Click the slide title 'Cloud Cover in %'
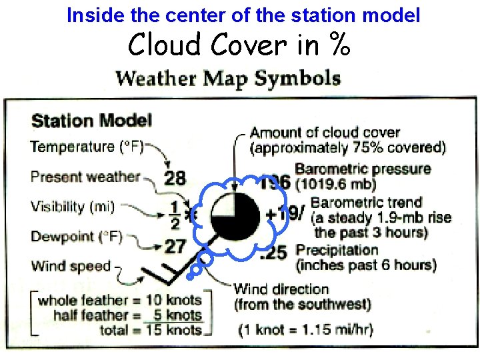(239, 45)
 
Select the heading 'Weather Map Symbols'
(228, 78)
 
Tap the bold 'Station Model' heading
(91, 121)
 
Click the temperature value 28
(175, 178)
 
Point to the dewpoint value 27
(175, 246)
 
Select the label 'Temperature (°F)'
(87, 147)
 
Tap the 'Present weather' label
(85, 177)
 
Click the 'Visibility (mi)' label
(73, 207)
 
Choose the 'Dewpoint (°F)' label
(77, 237)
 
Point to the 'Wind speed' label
(71, 266)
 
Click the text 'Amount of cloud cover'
(325, 133)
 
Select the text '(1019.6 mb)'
(337, 183)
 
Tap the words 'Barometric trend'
(366, 203)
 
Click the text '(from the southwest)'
(302, 305)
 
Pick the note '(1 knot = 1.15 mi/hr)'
(306, 329)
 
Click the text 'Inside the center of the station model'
(243, 15)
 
